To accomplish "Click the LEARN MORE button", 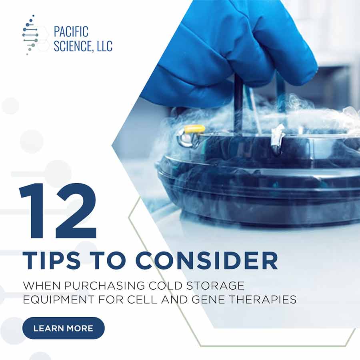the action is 63,328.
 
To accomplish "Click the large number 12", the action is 58,211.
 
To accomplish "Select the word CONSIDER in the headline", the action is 207,261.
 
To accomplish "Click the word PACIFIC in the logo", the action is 71,32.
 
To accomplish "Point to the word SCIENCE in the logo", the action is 73,46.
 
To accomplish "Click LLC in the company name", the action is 104,46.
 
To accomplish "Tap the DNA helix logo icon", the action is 30,35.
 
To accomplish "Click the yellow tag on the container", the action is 195,129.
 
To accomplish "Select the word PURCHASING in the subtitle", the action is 104,286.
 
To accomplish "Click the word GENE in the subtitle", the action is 208,299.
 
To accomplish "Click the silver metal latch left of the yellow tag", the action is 186,138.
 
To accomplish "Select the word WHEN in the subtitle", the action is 42,286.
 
